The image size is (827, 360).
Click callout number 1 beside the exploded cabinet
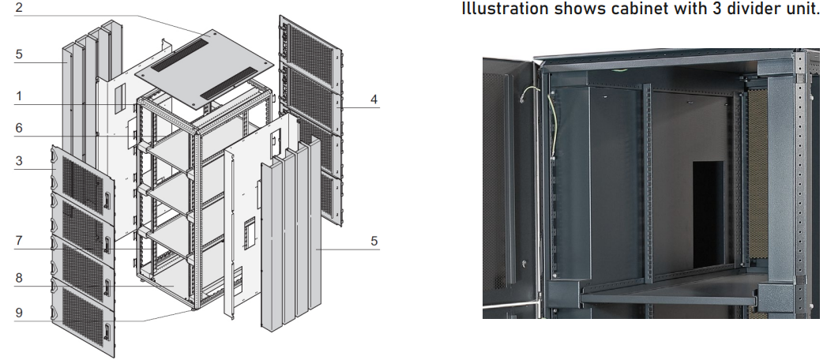19,98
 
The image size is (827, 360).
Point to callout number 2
19,9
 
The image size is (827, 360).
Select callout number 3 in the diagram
19,161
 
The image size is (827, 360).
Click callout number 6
19,127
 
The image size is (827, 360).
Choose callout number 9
19,312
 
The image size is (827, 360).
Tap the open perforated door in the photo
506,182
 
